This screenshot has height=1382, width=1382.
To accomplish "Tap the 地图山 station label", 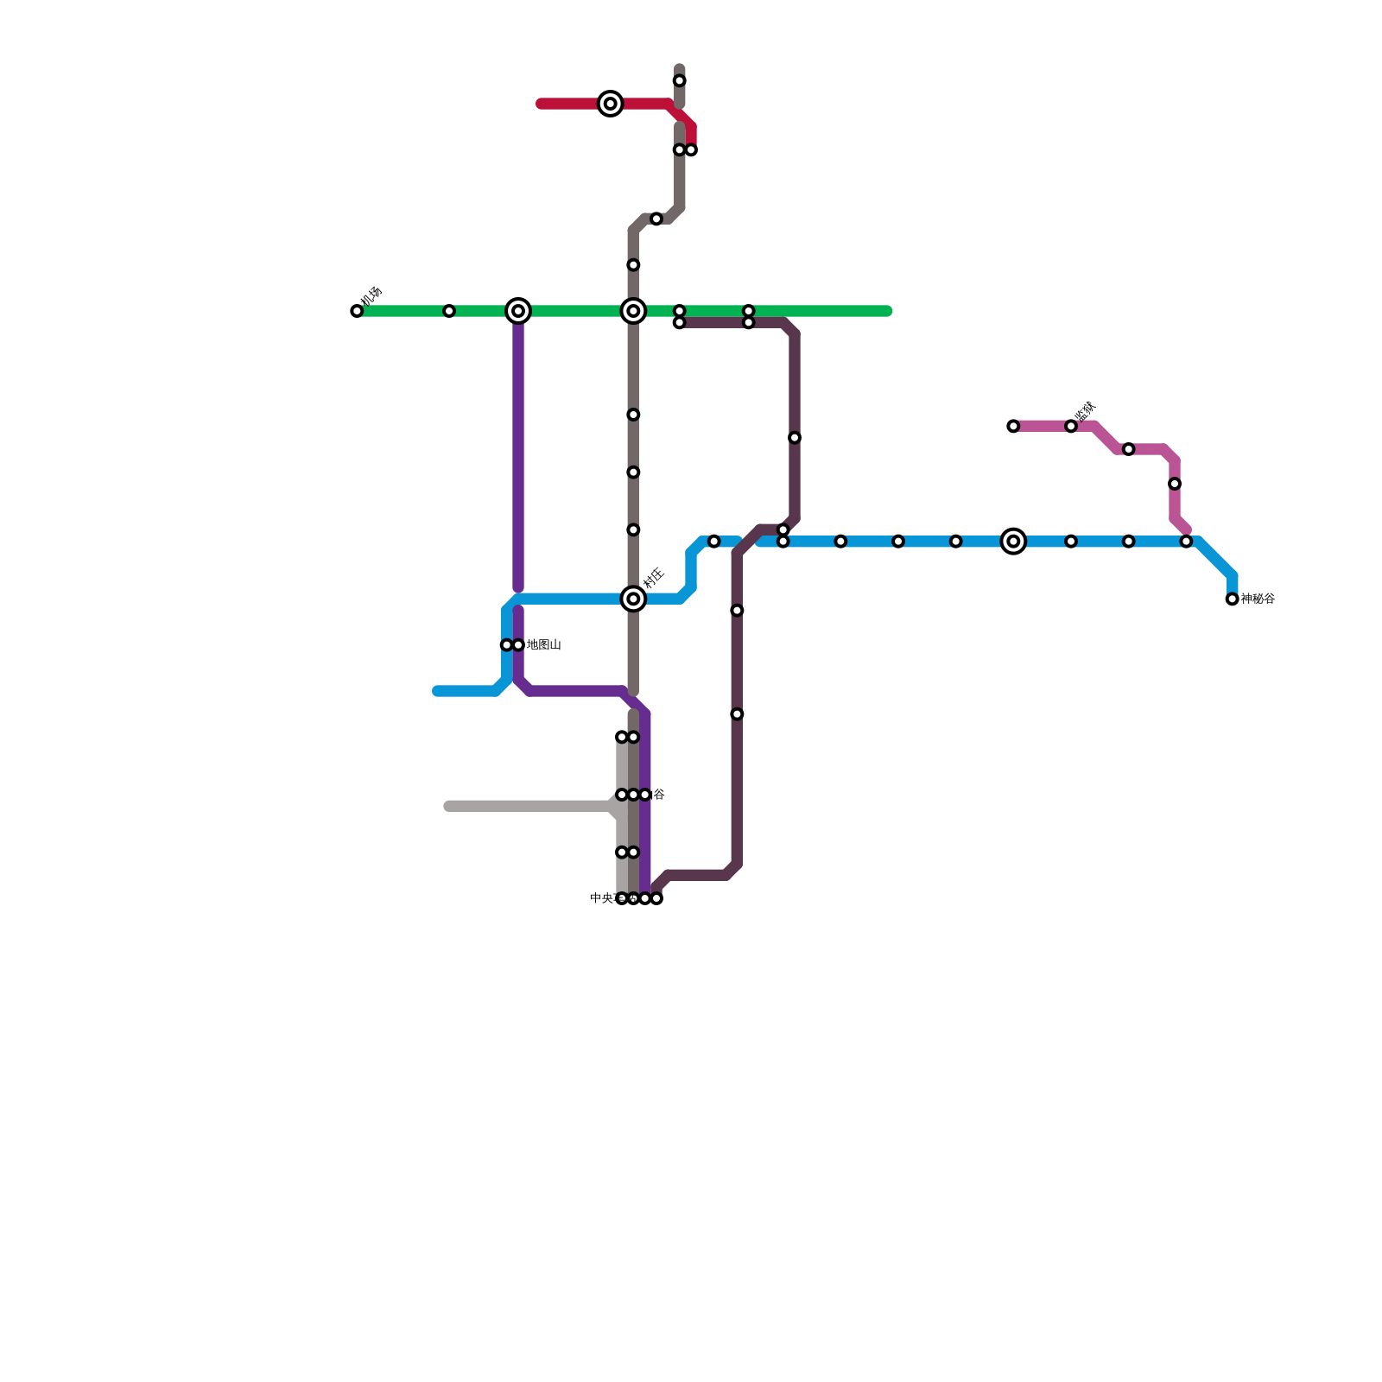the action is [x=544, y=645].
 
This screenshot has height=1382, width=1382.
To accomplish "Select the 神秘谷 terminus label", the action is [x=1258, y=599].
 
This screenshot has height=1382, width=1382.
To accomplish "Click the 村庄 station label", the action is [x=654, y=578].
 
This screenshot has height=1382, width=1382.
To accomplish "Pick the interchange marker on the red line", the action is [x=611, y=104].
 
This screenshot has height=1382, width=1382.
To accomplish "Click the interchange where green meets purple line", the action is [x=518, y=311].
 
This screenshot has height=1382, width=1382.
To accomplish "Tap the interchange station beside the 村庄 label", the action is [x=633, y=599].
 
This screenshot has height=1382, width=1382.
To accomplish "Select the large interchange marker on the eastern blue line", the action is [x=1013, y=542].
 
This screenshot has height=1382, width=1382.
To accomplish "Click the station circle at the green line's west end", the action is [x=357, y=311].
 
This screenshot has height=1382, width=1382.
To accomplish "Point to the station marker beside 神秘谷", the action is [x=1233, y=599].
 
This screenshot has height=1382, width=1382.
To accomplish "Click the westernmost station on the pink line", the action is [x=1013, y=427].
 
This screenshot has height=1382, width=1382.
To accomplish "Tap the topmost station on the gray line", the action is [x=680, y=81].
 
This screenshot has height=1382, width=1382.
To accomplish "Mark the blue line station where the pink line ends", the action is [x=1186, y=542].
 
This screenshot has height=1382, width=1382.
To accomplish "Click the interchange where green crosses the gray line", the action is [x=633, y=311].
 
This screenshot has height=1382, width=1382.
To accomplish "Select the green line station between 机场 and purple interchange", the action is [x=449, y=311].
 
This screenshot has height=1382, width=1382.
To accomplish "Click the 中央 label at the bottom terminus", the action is [x=602, y=898].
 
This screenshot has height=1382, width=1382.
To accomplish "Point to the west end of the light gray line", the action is [x=448, y=807].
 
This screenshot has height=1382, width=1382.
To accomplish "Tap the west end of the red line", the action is [x=541, y=104].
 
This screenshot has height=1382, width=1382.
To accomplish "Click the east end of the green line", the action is [x=887, y=311].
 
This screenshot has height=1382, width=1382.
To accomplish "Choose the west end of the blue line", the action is [x=437, y=691].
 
